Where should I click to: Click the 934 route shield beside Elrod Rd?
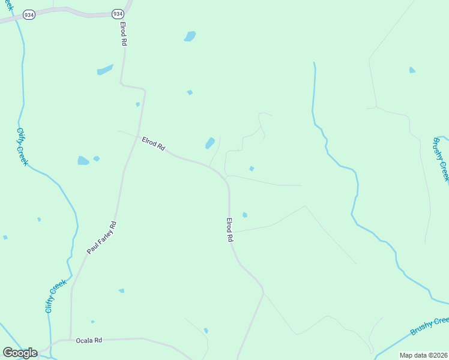pos(118,13)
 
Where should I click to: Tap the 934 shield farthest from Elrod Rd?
pos(29,14)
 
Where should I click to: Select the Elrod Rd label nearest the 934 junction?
pos(123,34)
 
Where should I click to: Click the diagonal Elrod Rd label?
pos(153,144)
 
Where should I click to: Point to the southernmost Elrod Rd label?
pos(229,230)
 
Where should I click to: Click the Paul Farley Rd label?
pos(101,238)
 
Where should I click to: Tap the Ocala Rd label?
pos(89,340)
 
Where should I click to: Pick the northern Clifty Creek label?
pos(23,146)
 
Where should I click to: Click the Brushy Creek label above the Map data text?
pos(429,327)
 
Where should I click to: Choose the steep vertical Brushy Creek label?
pos(441,159)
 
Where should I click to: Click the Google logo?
pos(20,353)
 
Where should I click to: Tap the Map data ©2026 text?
pos(423,355)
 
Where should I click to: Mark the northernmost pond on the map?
pos(190,36)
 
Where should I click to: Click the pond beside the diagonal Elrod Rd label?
pos(210,143)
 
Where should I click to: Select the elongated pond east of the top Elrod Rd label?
pos(105,70)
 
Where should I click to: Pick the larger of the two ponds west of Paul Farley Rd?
pos(83,161)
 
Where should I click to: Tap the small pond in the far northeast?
pos(412,70)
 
